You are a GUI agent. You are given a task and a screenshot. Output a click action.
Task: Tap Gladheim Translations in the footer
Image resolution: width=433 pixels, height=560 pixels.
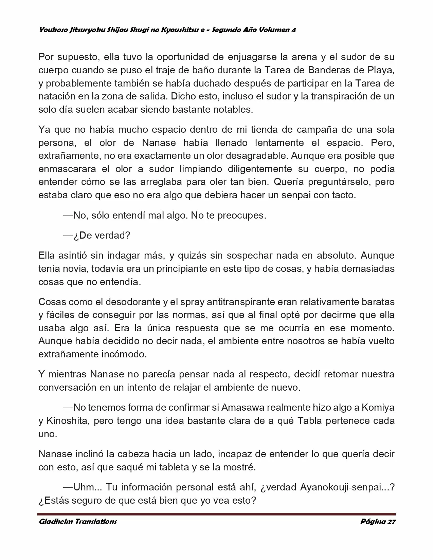(78, 522)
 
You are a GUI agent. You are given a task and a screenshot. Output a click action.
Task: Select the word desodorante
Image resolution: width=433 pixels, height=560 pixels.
(129, 301)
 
